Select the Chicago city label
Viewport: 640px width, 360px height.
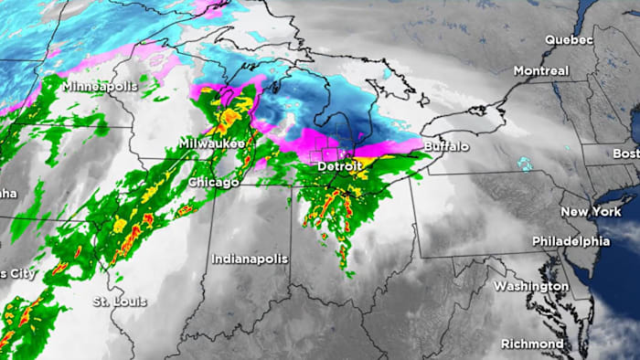[213, 183]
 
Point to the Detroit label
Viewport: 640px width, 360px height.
[341, 168]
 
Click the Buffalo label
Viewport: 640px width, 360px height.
[446, 146]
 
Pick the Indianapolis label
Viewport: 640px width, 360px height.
[250, 259]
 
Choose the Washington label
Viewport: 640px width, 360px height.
[530, 286]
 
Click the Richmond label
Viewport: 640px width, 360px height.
[531, 344]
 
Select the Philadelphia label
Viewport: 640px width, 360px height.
[571, 241]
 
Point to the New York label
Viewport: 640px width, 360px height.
[585, 211]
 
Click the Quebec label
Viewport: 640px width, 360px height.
[569, 40]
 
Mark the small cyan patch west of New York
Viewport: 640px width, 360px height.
[525, 165]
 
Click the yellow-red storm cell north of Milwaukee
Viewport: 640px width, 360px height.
[229, 116]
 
